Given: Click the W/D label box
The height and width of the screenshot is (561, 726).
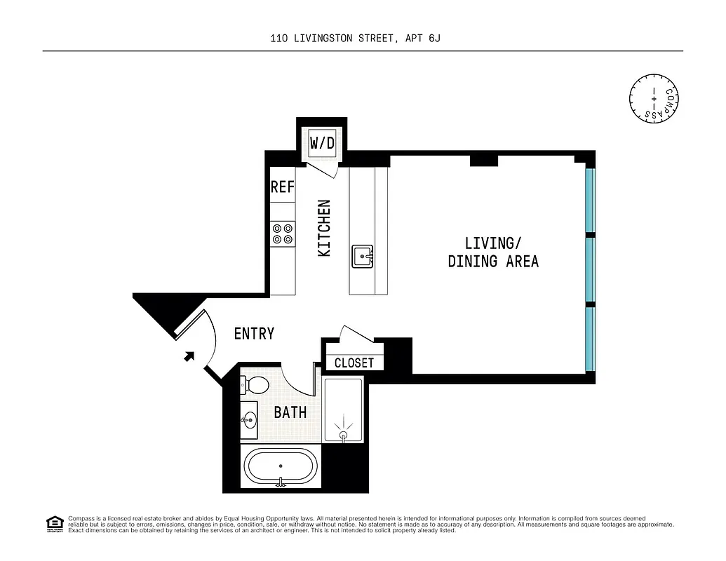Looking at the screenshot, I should [x=323, y=144].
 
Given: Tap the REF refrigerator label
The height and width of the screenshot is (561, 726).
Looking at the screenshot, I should [x=283, y=187].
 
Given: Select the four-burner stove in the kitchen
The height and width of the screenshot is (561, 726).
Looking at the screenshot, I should [x=283, y=234].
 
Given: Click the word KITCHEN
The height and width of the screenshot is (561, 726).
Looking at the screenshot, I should [x=324, y=228].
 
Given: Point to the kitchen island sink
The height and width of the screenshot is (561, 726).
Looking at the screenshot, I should [x=363, y=256].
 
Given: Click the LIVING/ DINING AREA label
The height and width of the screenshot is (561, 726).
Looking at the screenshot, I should [x=493, y=252].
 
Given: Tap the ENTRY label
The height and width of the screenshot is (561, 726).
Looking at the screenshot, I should [x=254, y=334].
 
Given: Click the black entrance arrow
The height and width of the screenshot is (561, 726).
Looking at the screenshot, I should [x=189, y=356].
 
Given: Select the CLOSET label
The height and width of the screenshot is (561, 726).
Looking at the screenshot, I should [x=354, y=363].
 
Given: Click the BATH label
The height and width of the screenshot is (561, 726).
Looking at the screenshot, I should [x=290, y=412].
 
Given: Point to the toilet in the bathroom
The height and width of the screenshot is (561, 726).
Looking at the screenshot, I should [x=254, y=385].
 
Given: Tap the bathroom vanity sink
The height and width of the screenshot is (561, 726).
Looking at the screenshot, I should [x=249, y=421].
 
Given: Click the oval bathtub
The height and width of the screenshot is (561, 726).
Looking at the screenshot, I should [x=281, y=467].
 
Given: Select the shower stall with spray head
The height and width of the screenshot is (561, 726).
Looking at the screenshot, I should [x=343, y=411].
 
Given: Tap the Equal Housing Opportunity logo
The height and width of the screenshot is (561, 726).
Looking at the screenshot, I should [x=53, y=523].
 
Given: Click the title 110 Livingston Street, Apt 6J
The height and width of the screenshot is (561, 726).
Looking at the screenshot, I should [x=355, y=39].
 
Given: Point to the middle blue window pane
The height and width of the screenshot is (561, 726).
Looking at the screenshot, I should [x=590, y=270].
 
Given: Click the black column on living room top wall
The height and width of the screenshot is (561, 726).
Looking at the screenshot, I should [x=483, y=161].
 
